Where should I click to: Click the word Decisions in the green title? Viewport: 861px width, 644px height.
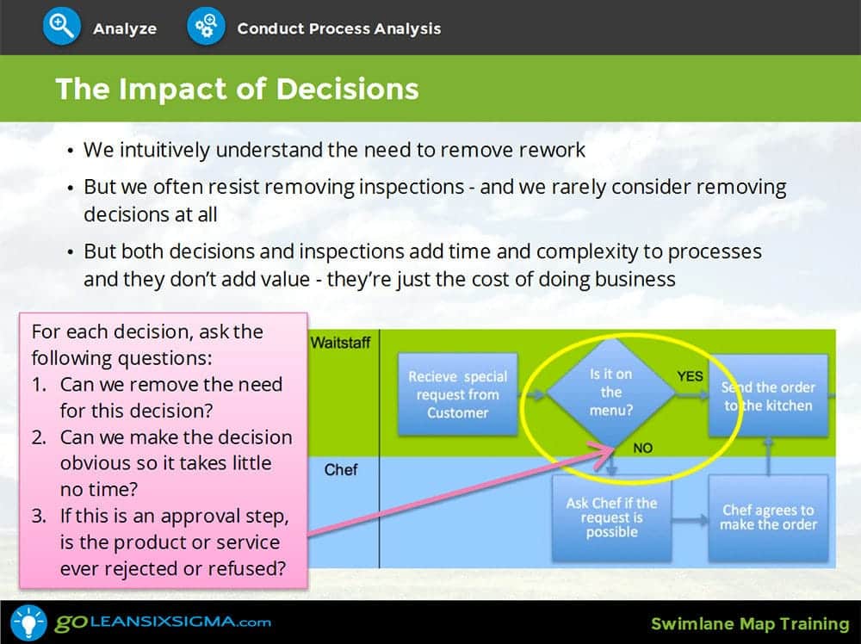coord(347,89)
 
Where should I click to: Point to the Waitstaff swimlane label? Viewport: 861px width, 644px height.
coord(340,343)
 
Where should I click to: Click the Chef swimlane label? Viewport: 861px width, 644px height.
coord(340,470)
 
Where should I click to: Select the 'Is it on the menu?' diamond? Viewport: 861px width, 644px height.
coord(610,393)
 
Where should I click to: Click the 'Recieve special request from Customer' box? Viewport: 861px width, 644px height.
coord(457,394)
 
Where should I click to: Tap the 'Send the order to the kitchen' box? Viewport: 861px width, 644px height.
coord(768,396)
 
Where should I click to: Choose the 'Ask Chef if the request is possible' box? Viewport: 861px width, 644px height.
coord(611,517)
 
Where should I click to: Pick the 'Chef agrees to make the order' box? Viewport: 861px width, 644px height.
coord(768,517)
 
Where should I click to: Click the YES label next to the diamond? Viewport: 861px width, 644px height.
coord(690,376)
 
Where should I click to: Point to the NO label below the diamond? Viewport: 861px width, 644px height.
coord(642,448)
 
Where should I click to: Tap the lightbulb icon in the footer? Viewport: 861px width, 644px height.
coord(28,622)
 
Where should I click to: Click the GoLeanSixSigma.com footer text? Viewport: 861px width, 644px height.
coord(163,622)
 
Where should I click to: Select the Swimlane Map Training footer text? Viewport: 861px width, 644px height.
coord(750,624)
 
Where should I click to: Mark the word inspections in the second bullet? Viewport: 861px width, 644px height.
coord(412,187)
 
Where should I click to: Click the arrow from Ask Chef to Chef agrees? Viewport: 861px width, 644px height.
coord(691,519)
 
